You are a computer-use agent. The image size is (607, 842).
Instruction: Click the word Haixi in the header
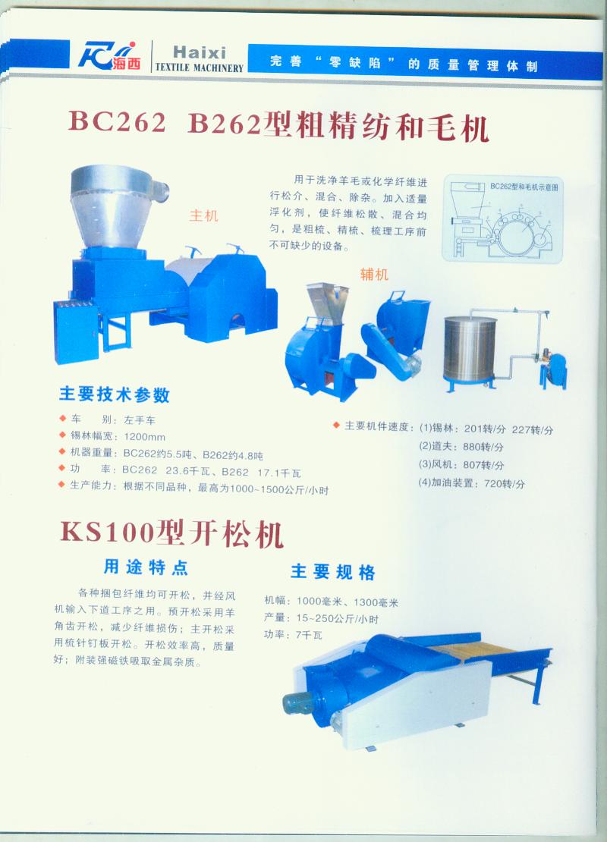[x=199, y=52]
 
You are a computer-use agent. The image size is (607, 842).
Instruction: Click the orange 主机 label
[x=203, y=216]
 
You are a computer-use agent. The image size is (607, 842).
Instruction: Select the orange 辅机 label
[x=374, y=275]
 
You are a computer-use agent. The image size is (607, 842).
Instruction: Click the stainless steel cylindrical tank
[x=470, y=348]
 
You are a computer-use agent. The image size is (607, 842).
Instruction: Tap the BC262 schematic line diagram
[x=502, y=218]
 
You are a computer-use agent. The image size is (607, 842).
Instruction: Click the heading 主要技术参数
[x=114, y=394]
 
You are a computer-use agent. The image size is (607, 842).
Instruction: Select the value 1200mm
[x=144, y=437]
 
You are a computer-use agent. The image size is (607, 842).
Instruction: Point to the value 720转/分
[x=505, y=483]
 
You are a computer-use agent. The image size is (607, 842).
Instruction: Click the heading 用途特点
[x=146, y=567]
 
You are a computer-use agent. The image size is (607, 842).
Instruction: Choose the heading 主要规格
[x=333, y=572]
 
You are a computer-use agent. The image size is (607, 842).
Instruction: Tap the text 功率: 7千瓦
[x=293, y=635]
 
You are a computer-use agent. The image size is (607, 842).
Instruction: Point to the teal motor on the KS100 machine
[x=297, y=702]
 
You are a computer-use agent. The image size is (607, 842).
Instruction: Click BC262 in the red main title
[x=117, y=121]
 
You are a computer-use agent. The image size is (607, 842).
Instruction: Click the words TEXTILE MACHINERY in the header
[x=200, y=68]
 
